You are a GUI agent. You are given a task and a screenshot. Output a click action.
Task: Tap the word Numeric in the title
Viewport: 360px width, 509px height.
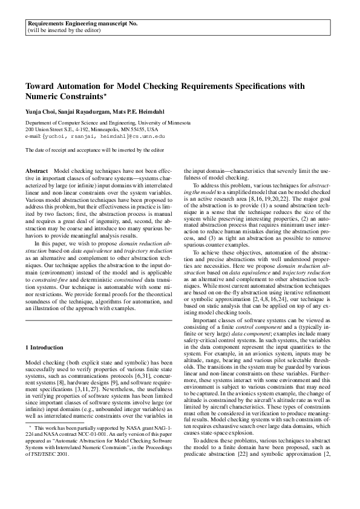tap(41, 97)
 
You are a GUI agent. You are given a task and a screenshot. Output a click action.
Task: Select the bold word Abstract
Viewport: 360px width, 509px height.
tap(38, 173)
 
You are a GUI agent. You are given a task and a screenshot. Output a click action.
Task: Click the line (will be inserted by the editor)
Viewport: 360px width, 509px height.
tap(63, 30)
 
